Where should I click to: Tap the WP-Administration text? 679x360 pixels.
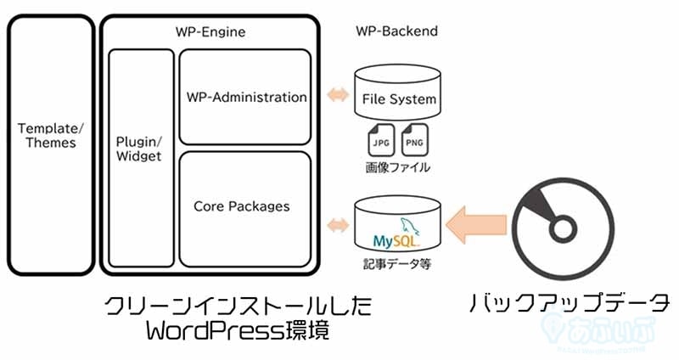(x=246, y=97)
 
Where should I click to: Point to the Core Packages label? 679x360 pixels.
(x=241, y=205)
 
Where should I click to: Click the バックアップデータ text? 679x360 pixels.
(x=570, y=302)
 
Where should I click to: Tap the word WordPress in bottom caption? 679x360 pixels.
(x=204, y=332)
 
